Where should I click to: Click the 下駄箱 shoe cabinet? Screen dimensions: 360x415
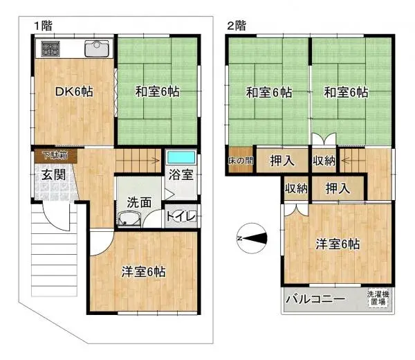click(x=55, y=155)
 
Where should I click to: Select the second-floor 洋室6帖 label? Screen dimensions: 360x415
click(x=338, y=244)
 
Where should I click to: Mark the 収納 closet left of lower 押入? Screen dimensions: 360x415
click(x=295, y=188)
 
